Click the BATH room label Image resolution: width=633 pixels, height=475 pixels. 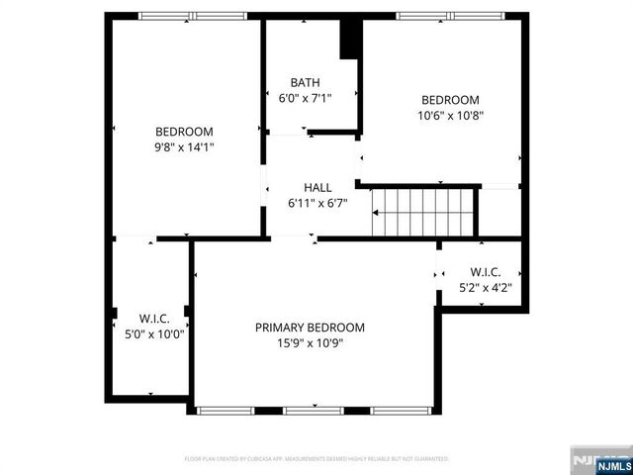(305, 82)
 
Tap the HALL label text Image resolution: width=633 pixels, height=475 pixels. (317, 187)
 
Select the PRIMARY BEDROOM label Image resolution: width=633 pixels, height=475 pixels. (310, 328)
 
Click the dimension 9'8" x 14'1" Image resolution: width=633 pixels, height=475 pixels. (184, 146)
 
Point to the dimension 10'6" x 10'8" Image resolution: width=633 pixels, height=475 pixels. (450, 115)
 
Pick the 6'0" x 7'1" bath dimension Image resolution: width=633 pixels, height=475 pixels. (305, 98)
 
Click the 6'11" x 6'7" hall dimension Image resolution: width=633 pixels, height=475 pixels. (317, 203)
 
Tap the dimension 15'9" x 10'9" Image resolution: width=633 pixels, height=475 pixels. (310, 343)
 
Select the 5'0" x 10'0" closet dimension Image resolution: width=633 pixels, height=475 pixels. (153, 333)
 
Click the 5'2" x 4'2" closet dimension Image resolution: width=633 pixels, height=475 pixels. (485, 288)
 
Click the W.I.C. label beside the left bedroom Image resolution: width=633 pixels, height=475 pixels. (153, 319)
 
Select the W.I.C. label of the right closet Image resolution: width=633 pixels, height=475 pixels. (485, 272)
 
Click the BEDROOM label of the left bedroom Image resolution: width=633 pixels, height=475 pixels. (184, 131)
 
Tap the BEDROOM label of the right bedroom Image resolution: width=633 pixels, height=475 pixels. (450, 99)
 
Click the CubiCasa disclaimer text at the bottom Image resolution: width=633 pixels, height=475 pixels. (316, 459)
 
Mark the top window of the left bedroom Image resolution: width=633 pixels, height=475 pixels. (192, 16)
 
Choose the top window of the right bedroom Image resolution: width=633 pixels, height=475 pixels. (451, 16)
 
